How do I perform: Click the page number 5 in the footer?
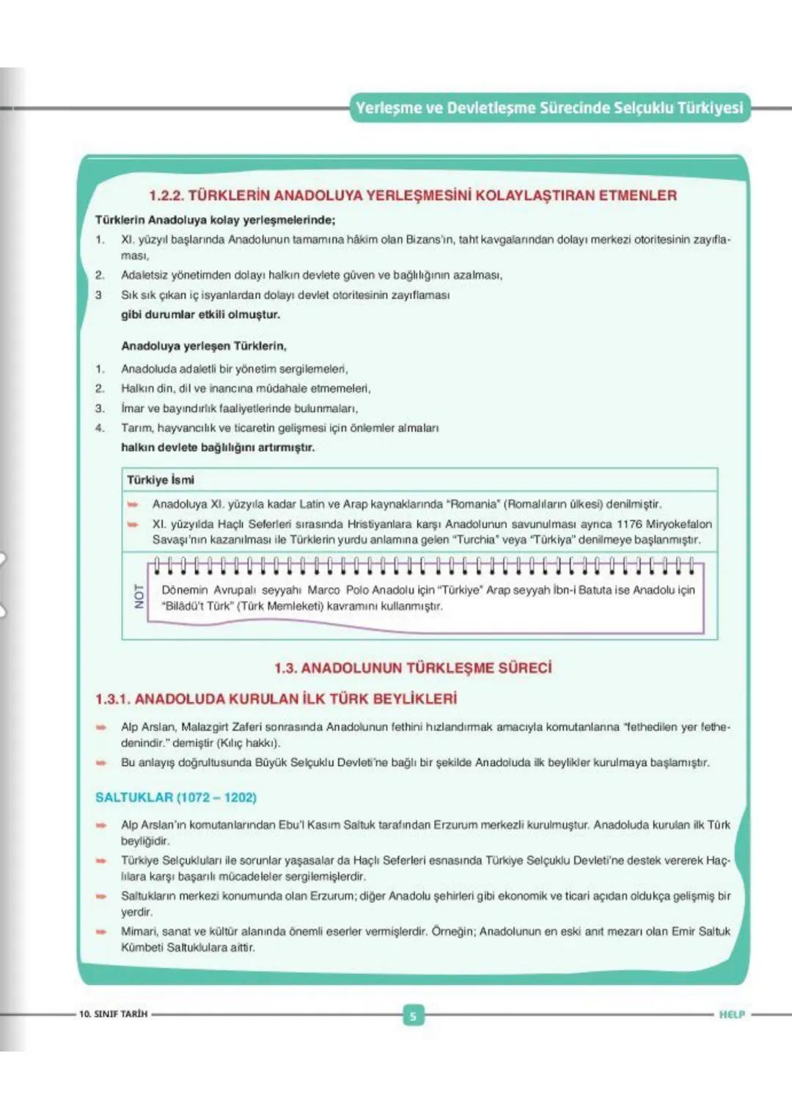[x=413, y=1015]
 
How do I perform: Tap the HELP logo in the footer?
[x=731, y=1014]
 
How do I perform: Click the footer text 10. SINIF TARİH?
[x=114, y=1014]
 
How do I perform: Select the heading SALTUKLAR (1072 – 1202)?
[x=176, y=797]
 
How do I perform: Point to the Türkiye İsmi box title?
[x=161, y=480]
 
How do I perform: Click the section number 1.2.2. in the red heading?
[x=166, y=196]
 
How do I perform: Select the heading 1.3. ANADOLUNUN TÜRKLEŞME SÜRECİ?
[x=413, y=668]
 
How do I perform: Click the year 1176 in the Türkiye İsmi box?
[x=628, y=524]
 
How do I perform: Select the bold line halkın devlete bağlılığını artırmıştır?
[x=218, y=447]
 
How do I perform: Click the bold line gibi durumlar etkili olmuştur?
[x=200, y=314]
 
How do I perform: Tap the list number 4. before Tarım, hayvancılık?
[x=100, y=428]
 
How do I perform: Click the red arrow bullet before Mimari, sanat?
[x=101, y=931]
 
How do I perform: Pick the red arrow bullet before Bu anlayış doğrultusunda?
[x=101, y=763]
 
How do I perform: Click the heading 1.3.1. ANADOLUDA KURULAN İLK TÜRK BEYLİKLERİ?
[x=276, y=699]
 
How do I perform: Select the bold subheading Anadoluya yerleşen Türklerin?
[x=204, y=346]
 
